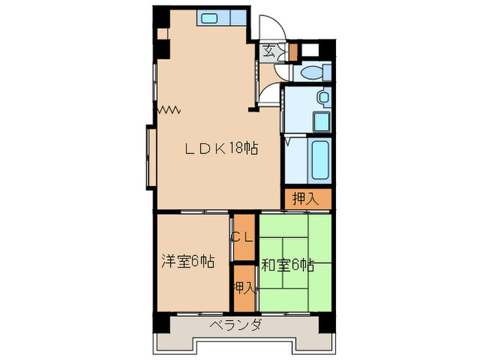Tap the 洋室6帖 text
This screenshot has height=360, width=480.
coord(187,261)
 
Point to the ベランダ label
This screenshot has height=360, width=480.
coord(235,325)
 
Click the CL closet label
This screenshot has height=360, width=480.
coord(243,237)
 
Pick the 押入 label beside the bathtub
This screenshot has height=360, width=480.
coord(305,199)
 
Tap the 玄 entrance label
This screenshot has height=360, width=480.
coord(269,50)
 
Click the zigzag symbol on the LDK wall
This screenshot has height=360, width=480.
coord(169,109)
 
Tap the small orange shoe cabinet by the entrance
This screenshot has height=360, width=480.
coord(293,51)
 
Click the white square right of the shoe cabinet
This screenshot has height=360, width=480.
coord(311,50)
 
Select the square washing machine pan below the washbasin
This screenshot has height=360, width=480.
coord(322,122)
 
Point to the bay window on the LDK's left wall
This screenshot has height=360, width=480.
coord(149,156)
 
